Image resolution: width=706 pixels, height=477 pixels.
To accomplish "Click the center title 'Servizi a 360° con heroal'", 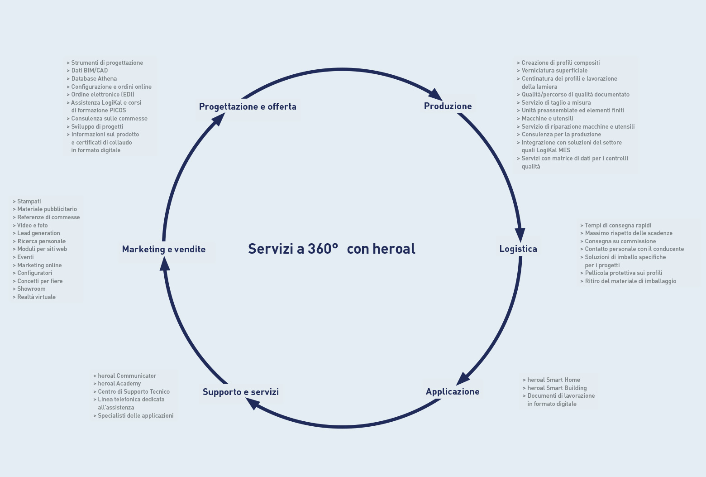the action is (332, 249).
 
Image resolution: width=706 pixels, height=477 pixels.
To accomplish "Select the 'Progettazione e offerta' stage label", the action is (248, 106).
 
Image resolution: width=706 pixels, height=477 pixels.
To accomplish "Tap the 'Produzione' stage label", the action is (448, 106).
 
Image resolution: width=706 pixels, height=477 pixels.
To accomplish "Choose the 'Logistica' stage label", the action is (518, 249).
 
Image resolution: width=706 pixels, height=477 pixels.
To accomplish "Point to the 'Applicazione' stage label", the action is (453, 391).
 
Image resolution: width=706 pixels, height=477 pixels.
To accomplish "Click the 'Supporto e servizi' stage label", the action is (241, 392).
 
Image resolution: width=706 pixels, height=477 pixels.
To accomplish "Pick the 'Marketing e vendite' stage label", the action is (163, 249).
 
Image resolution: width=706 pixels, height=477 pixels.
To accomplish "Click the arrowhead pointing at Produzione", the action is (435, 94).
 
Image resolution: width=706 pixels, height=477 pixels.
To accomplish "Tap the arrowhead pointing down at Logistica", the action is (520, 235).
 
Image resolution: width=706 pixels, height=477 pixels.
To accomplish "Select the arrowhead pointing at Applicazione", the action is (463, 378).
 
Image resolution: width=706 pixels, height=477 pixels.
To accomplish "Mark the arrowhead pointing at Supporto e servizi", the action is (253, 404).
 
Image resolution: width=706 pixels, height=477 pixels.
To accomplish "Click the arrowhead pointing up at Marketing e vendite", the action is (165, 264).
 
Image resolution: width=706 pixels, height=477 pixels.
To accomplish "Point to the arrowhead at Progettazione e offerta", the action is (218, 120).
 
